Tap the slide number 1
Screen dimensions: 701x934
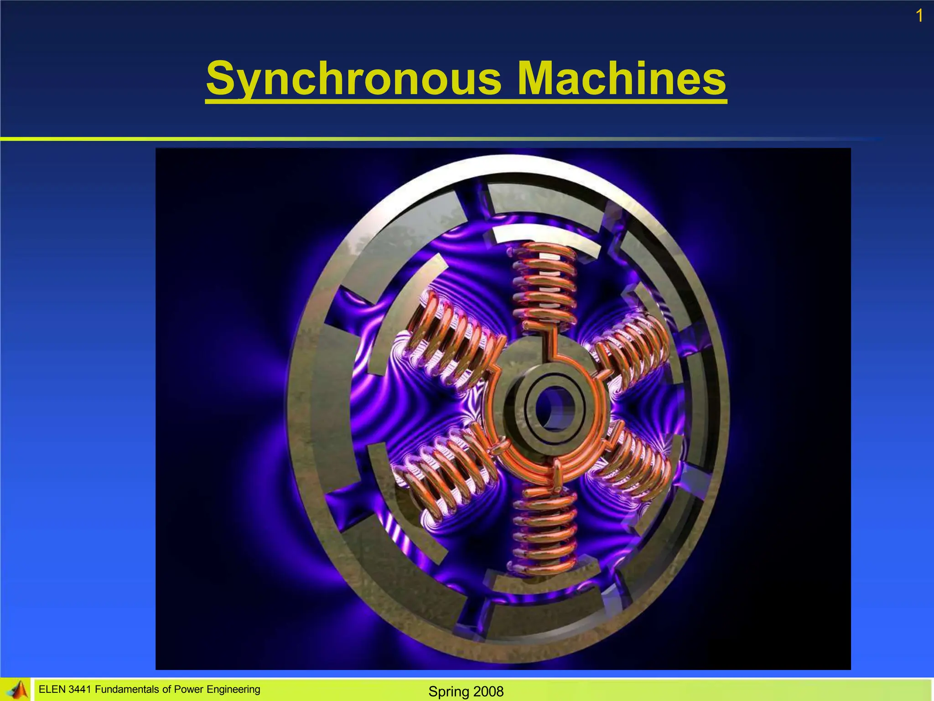coord(919,16)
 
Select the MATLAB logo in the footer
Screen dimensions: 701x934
coord(17,690)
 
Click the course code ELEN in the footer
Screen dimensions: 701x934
coord(52,689)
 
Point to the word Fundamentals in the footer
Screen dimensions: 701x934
coord(123,689)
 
